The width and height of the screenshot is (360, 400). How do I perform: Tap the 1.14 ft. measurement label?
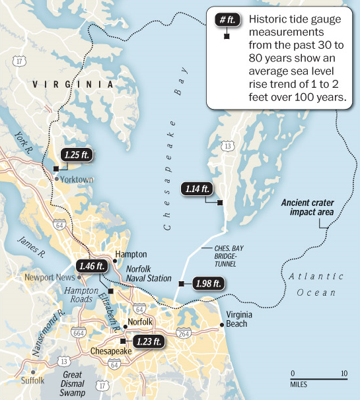point(197,189)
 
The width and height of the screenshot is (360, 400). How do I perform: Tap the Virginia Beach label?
point(236,319)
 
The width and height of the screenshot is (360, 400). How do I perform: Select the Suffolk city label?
point(32,380)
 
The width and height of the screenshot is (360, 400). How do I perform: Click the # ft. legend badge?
point(227,19)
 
